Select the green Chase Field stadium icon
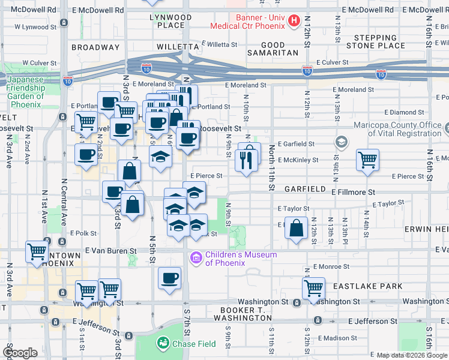tap(162, 343)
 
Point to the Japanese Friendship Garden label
tap(26, 88)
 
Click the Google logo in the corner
tap(20, 353)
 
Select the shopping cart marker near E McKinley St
tap(367, 160)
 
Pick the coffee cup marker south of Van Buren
tap(169, 278)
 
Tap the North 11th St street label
tap(271, 168)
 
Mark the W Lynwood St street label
tap(35, 27)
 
